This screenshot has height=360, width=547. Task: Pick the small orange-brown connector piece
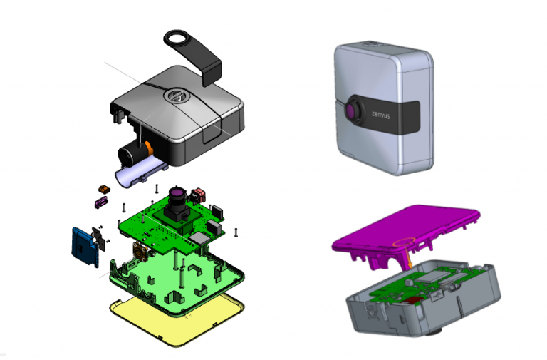(105, 189)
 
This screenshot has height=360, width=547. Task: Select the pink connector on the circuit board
(200, 193)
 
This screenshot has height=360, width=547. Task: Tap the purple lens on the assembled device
(354, 111)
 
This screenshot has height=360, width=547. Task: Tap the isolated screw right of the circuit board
(235, 232)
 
